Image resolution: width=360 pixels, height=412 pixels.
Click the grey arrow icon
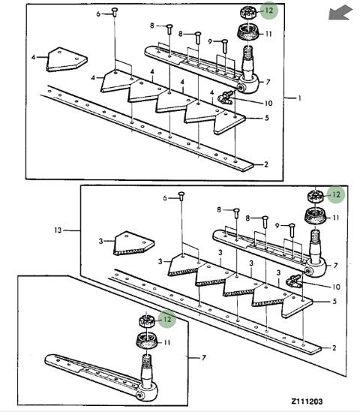click(x=340, y=14)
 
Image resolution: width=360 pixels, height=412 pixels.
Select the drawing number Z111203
click(x=307, y=401)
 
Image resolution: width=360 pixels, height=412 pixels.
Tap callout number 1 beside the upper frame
click(x=299, y=98)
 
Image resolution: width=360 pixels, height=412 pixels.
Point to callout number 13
click(x=58, y=230)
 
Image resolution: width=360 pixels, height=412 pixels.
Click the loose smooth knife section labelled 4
click(x=67, y=59)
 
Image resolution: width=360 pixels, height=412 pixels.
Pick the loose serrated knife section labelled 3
click(x=134, y=243)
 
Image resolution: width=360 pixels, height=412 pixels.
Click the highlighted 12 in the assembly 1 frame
click(x=269, y=11)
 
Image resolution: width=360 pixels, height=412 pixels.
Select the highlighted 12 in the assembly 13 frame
click(x=336, y=194)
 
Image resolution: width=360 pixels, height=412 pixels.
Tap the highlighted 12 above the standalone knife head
click(x=167, y=319)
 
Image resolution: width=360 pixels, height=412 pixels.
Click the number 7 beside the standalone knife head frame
click(x=204, y=358)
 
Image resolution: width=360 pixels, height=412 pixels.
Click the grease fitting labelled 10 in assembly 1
click(x=226, y=98)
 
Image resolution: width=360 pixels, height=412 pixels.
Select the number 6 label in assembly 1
click(x=98, y=14)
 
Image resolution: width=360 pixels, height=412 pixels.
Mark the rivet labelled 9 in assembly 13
click(x=292, y=230)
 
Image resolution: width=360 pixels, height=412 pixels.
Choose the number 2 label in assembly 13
click(x=334, y=348)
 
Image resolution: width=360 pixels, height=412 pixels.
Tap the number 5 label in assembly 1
click(x=267, y=118)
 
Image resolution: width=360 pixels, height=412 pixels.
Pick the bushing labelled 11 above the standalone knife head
click(x=146, y=341)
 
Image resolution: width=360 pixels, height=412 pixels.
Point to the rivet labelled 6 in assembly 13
click(x=181, y=196)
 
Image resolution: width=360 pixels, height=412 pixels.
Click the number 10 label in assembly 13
click(x=336, y=287)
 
